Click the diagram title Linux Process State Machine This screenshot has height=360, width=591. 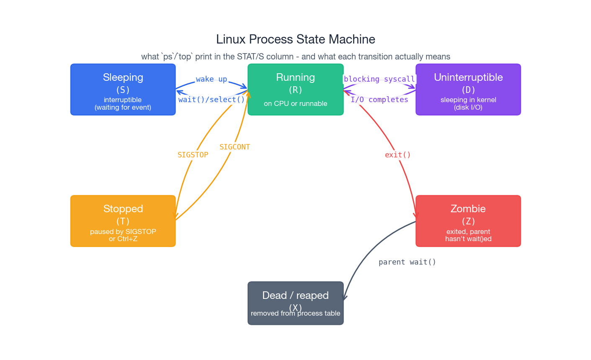295,39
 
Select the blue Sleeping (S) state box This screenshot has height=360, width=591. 123,90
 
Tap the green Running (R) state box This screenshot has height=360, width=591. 295,90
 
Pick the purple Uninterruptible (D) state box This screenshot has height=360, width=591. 468,90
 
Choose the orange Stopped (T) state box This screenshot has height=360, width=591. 123,221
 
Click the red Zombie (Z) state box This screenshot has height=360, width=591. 468,221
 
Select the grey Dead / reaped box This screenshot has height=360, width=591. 295,303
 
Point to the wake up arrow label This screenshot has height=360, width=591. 212,79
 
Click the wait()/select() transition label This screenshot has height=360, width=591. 212,100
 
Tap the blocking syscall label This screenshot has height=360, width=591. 379,79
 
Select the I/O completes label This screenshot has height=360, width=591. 379,100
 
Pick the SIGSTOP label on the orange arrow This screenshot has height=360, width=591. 193,155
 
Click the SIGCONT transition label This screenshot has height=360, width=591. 235,147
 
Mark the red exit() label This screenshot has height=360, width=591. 397,155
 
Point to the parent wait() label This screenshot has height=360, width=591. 407,262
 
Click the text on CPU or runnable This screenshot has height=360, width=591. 295,103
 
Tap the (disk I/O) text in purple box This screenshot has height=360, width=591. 468,108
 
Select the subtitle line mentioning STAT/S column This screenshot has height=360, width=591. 295,57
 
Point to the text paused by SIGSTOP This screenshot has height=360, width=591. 123,231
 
